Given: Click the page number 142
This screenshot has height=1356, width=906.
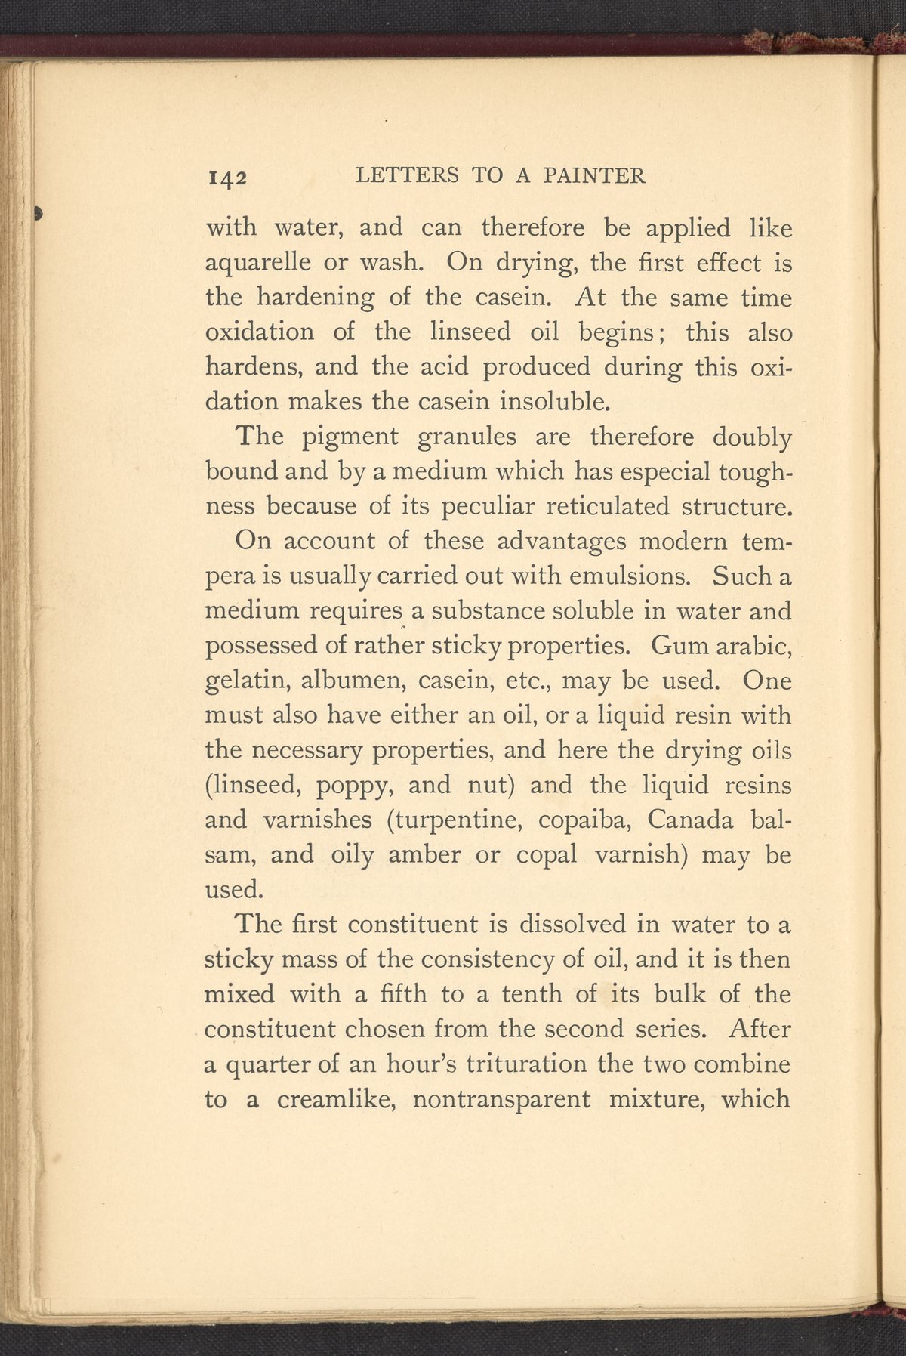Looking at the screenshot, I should (227, 178).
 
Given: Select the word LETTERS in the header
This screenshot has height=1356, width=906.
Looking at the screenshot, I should (407, 176).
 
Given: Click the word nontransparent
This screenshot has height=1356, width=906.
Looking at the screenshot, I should (502, 1098).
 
